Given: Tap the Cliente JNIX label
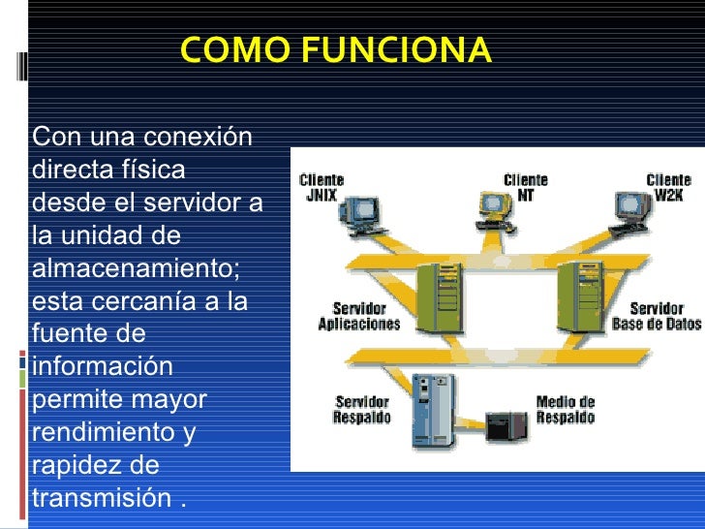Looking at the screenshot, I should point(322,187).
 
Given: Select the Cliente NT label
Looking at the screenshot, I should point(526,187).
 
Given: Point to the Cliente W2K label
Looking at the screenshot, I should point(668,187).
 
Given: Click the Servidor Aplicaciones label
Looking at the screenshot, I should point(359,317).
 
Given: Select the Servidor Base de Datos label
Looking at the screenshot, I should point(657,317).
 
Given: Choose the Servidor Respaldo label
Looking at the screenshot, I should point(362,410).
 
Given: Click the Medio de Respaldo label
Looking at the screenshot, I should point(565,410).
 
